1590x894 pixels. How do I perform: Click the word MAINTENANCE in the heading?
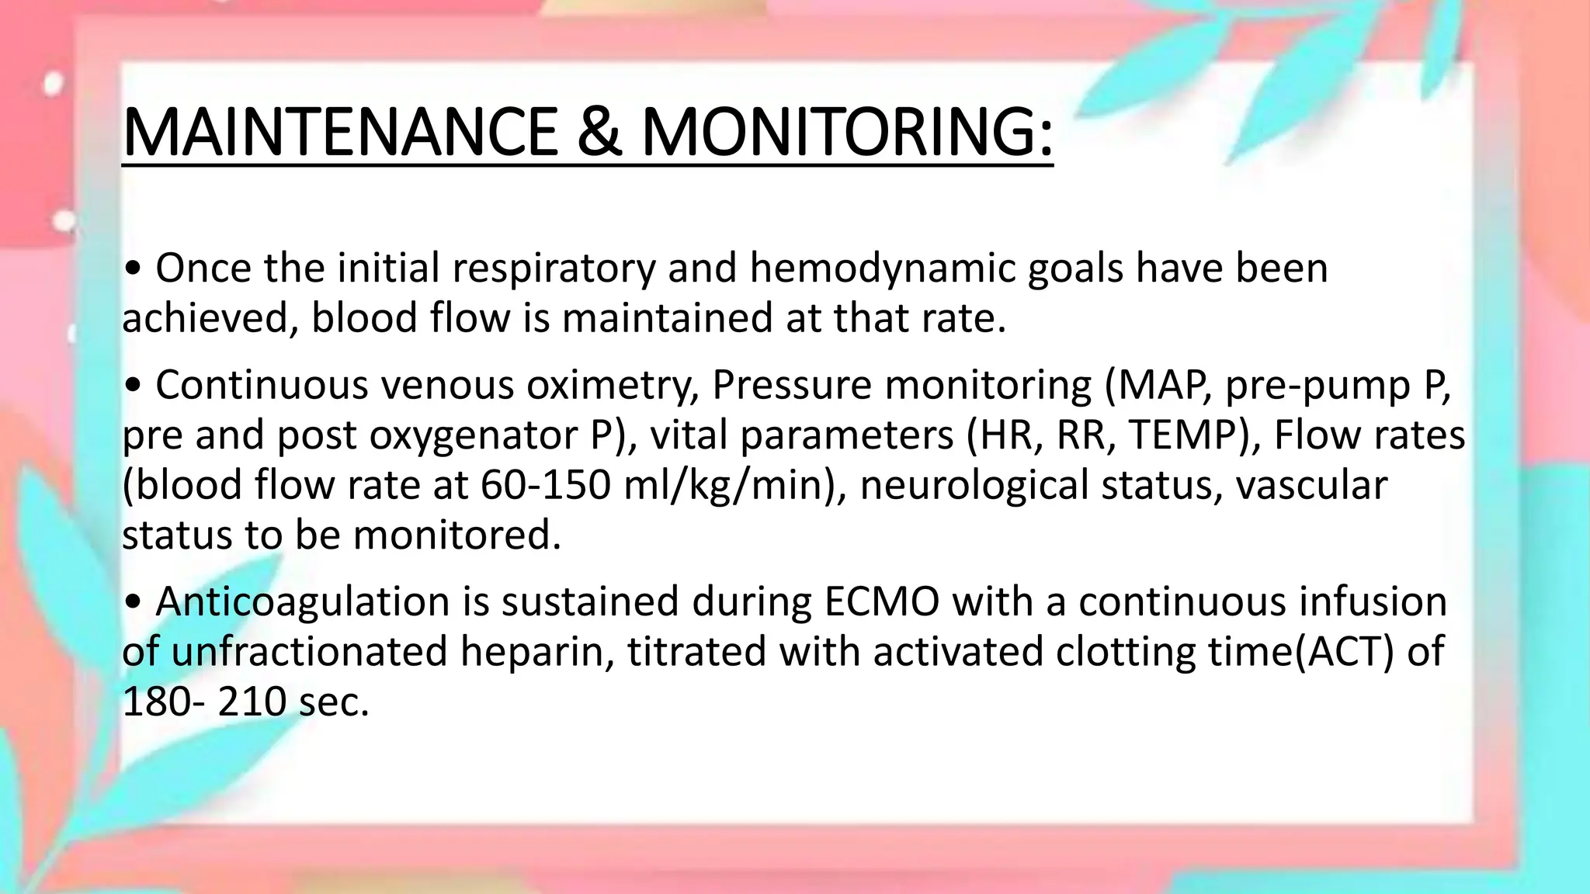tap(339, 132)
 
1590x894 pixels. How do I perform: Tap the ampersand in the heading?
tap(599, 132)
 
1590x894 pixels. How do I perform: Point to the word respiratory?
tap(554, 269)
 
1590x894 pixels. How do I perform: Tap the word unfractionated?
tap(309, 652)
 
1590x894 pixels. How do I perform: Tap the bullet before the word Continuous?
tap(133, 386)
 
